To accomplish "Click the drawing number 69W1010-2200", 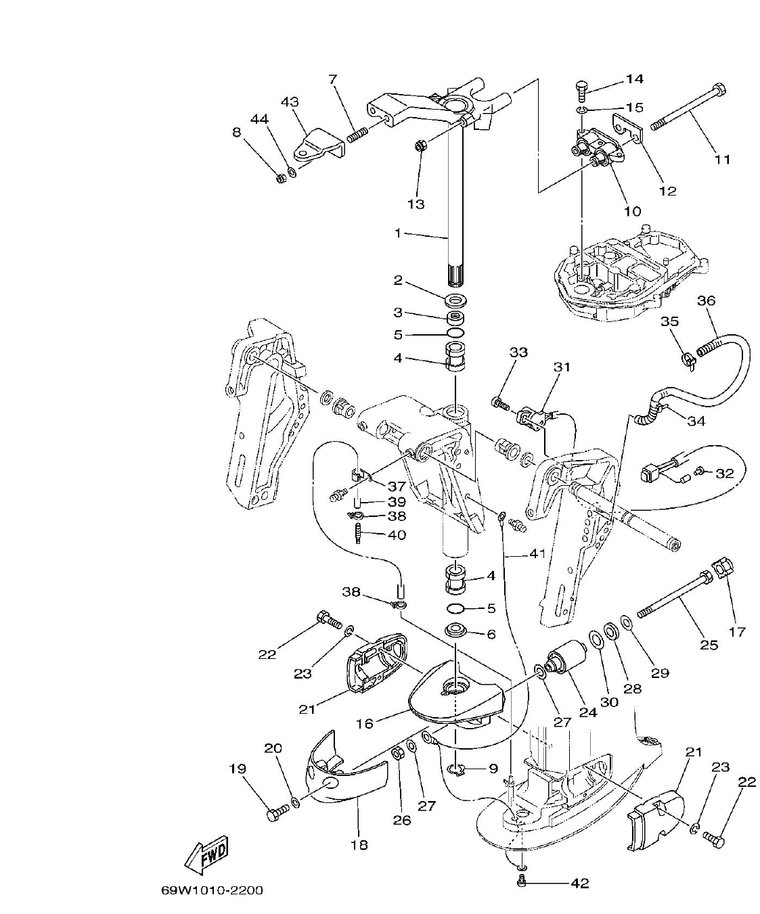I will pos(212,890).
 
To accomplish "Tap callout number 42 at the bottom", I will pos(580,883).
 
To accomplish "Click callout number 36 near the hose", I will pos(706,301).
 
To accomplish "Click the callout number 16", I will pos(365,723).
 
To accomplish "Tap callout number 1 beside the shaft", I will pos(399,233).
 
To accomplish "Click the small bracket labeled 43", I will pos(318,143).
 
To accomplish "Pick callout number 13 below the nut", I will pos(416,204).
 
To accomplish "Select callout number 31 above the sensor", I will pos(562,367).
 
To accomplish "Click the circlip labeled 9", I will pos(457,769).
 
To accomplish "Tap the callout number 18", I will pos(359,844).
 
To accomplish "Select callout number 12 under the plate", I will pos(667,191).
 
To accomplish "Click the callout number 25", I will pos(709,645).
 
